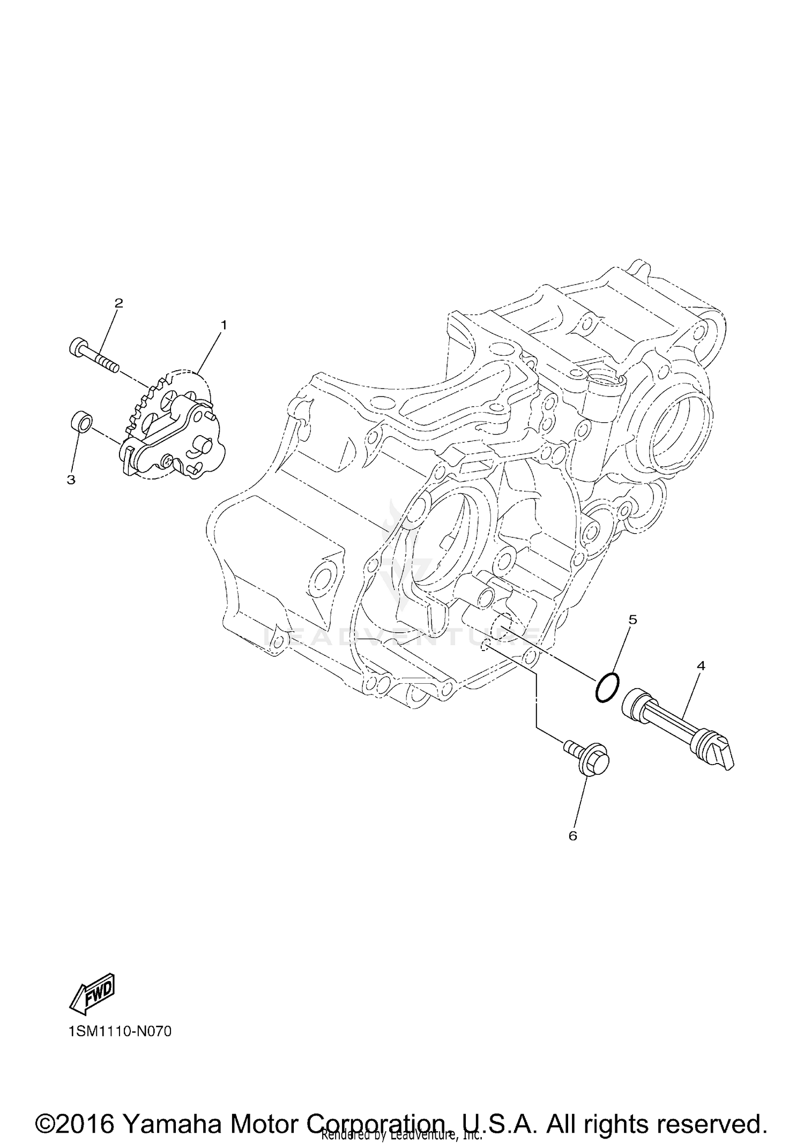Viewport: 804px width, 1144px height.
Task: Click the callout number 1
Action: (x=224, y=325)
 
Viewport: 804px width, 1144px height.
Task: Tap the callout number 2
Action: (x=118, y=303)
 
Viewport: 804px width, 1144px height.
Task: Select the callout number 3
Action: (x=71, y=480)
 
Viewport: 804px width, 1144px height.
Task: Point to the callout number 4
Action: (x=701, y=666)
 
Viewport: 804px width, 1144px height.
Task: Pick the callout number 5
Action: (x=632, y=619)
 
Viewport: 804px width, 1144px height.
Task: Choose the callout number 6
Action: (x=572, y=836)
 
